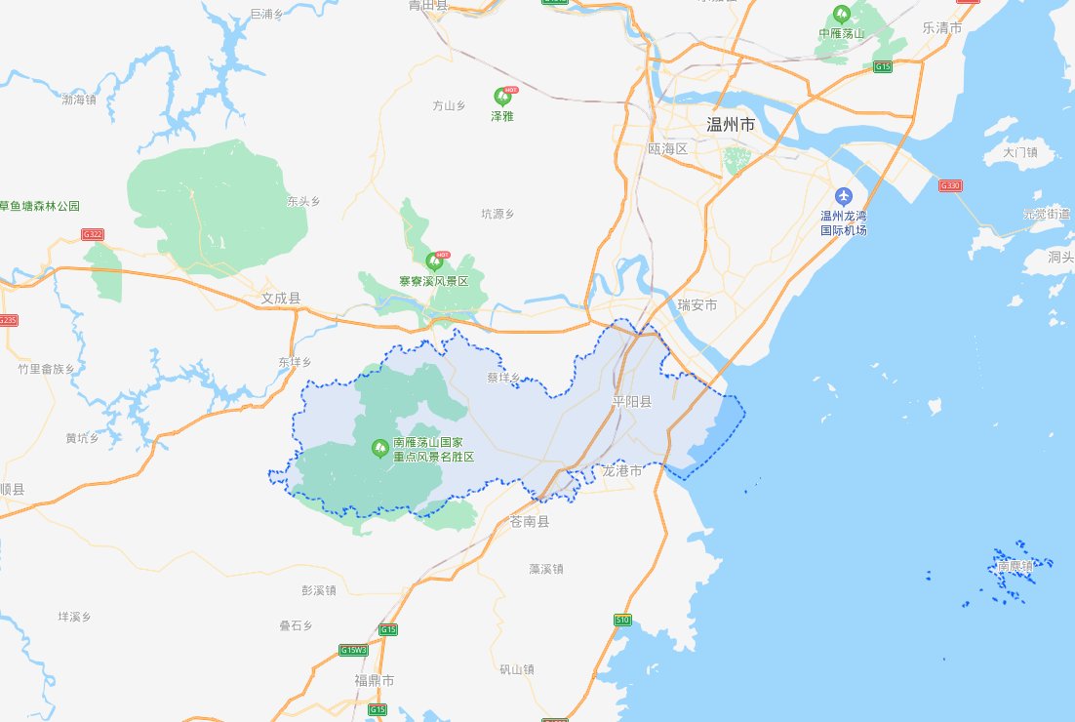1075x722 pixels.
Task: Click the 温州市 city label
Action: (x=730, y=125)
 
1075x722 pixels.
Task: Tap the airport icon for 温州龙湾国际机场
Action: (x=844, y=196)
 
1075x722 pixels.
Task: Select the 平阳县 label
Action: (x=631, y=401)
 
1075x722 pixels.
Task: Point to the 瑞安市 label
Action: (x=697, y=305)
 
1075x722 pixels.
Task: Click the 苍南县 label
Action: (x=530, y=522)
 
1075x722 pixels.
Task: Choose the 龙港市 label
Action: (x=622, y=471)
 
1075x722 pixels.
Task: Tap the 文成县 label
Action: (x=281, y=298)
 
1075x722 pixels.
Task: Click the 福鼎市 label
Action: (x=375, y=679)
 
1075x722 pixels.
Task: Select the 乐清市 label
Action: (x=942, y=28)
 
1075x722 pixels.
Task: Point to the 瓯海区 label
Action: (x=668, y=149)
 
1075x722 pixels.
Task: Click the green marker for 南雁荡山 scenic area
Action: (x=379, y=448)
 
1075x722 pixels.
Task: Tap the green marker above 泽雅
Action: (x=502, y=97)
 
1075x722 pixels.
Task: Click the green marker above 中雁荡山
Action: (x=841, y=16)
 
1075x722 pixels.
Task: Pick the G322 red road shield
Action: (x=93, y=234)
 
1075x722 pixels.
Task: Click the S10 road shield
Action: (x=621, y=620)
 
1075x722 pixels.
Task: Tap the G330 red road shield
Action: (x=949, y=185)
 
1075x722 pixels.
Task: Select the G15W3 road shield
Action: (x=354, y=650)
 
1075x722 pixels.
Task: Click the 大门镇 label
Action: (x=1019, y=152)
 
